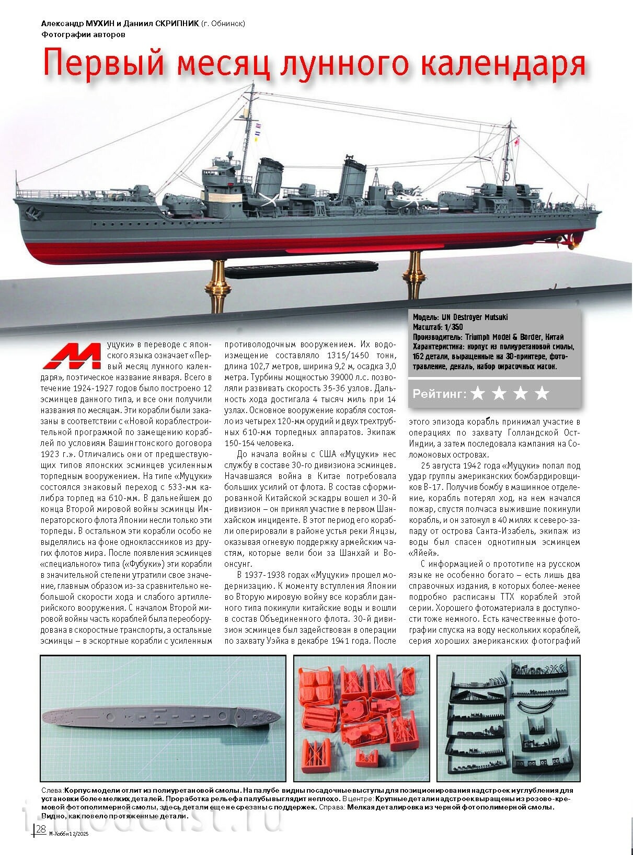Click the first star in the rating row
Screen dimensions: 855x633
click(478, 394)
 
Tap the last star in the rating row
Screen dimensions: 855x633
click(542, 394)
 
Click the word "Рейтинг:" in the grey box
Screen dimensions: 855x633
click(439, 394)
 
